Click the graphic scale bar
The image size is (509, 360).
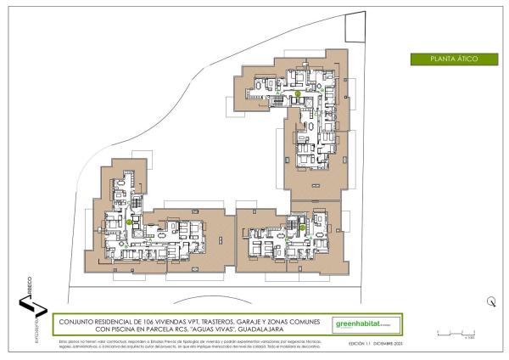point(455,334)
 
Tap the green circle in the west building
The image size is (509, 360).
point(129,222)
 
